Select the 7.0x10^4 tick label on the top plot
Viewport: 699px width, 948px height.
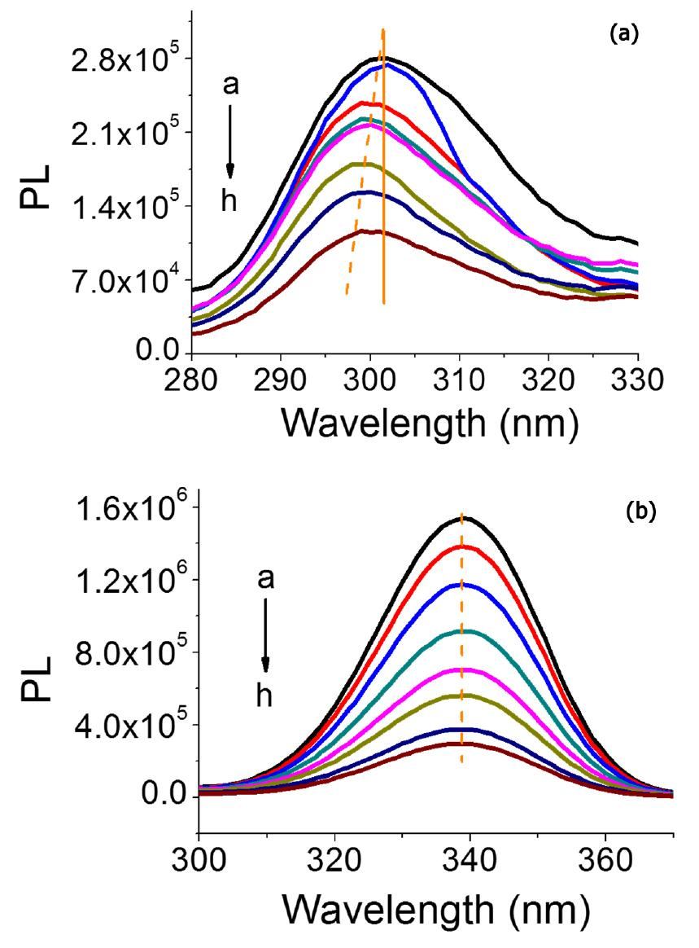(x=122, y=280)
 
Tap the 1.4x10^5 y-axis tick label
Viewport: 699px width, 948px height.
(x=122, y=207)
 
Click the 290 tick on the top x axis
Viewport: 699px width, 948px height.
(x=281, y=380)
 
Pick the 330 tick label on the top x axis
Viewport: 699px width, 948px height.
(x=636, y=380)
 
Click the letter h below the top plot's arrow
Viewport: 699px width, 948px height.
(x=230, y=201)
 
